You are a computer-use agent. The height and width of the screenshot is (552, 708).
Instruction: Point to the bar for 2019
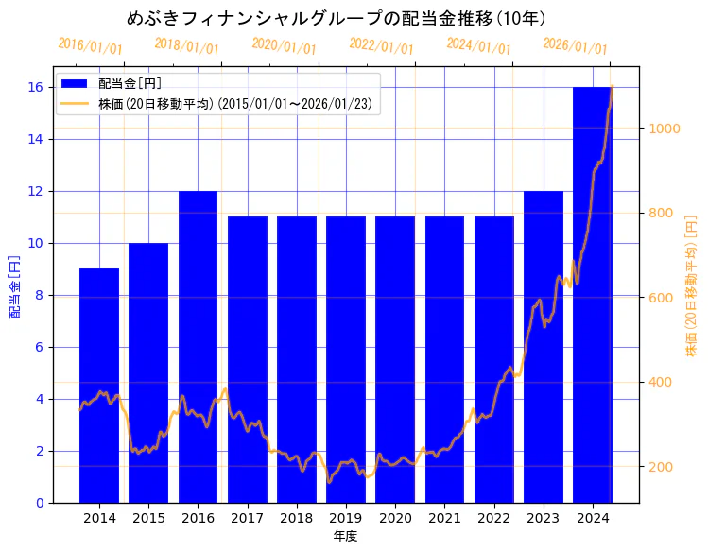(x=346, y=360)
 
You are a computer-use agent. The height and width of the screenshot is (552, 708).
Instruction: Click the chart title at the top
(x=336, y=18)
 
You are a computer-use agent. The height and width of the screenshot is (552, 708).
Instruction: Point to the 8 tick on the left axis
(x=39, y=295)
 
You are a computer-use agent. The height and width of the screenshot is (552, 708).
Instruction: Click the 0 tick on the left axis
(x=39, y=503)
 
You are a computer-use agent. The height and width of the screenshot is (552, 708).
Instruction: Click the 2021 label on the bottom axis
(x=444, y=518)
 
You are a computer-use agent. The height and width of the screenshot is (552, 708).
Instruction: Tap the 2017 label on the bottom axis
(x=247, y=518)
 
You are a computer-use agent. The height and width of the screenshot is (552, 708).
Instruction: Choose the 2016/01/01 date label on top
(x=90, y=46)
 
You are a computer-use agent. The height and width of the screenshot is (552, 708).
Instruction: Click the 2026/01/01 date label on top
(x=575, y=46)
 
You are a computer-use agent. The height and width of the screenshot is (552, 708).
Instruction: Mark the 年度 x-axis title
(x=345, y=536)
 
